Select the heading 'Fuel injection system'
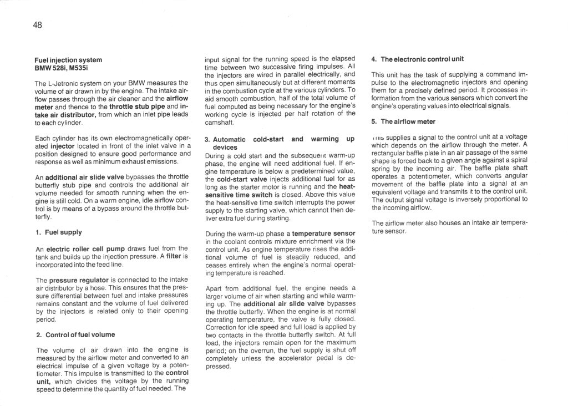tap(69, 59)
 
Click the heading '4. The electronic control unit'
tap(418, 59)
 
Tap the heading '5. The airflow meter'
tap(403, 121)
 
